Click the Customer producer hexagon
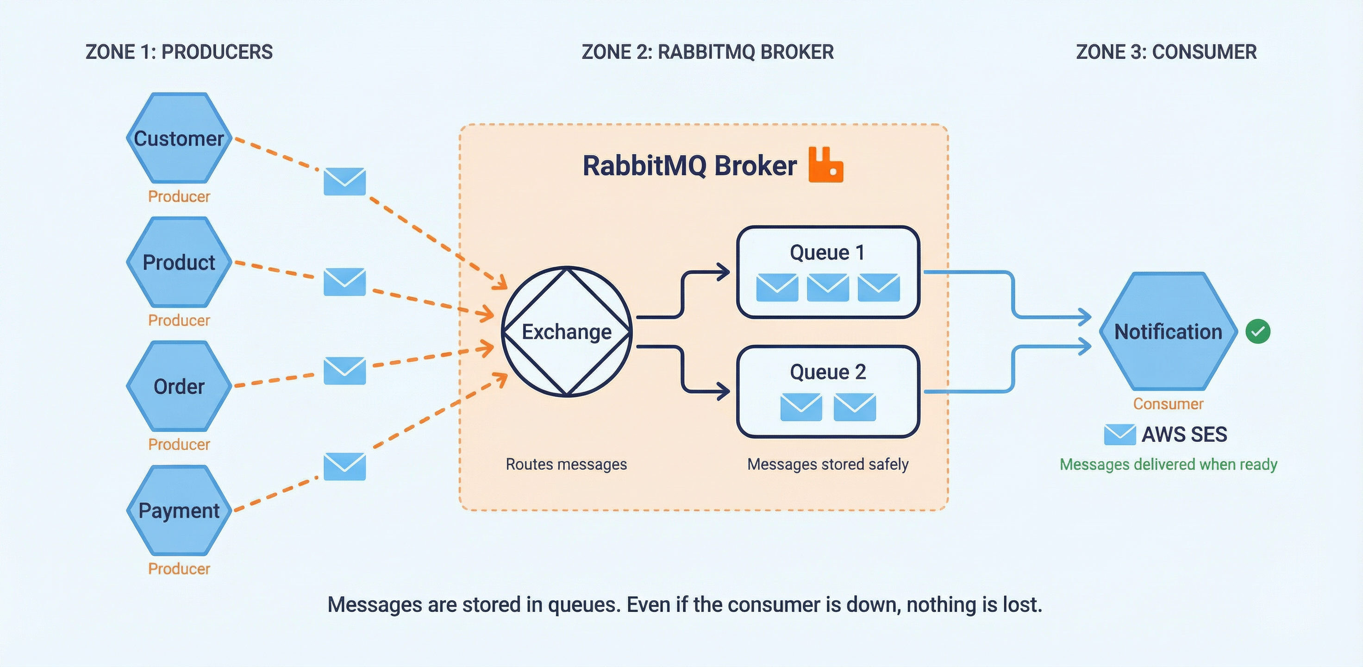[179, 138]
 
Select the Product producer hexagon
[179, 262]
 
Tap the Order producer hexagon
[179, 386]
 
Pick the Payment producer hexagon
[179, 510]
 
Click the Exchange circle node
[566, 332]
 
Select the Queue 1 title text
[827, 252]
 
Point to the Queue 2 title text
[827, 372]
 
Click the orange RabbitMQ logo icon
[825, 165]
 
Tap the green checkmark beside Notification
[1258, 332]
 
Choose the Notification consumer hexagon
[1168, 332]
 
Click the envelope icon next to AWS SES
[1119, 434]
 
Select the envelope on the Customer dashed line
[344, 181]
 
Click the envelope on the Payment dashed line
[344, 466]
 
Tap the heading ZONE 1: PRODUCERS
[179, 52]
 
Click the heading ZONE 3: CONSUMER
[1166, 52]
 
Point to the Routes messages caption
[566, 464]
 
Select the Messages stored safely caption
[827, 464]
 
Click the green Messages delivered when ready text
[1168, 464]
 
